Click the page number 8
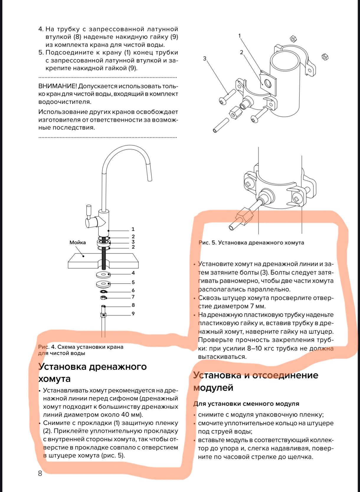click(40, 473)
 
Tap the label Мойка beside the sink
click(78, 242)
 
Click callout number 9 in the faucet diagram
click(133, 314)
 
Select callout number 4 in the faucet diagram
click(133, 273)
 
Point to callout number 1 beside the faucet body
click(133, 229)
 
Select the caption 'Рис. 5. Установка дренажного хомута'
click(251, 243)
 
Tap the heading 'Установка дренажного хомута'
click(92, 372)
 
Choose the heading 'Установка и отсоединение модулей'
click(256, 381)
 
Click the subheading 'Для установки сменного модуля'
click(246, 404)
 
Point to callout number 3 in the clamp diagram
click(204, 58)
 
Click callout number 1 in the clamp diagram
click(240, 36)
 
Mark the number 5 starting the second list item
click(41, 53)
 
